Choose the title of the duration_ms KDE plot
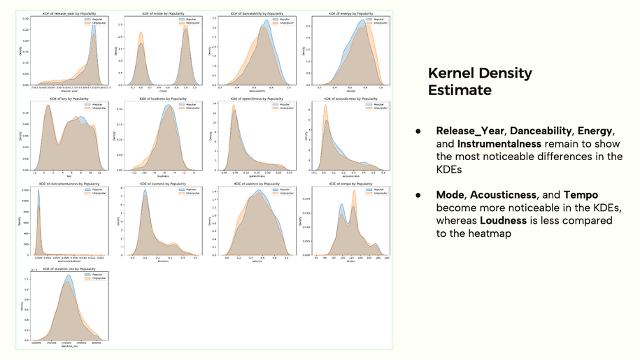(x=69, y=268)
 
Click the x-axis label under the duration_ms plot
(x=69, y=346)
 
